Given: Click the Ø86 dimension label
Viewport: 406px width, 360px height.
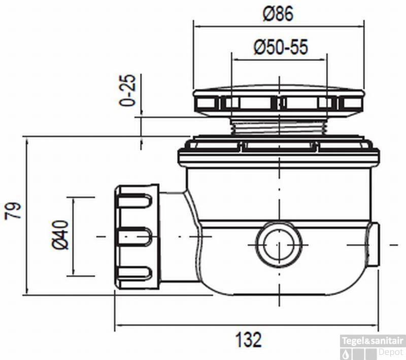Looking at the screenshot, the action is coord(278,14).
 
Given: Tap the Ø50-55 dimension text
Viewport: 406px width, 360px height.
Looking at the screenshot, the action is coord(281,47).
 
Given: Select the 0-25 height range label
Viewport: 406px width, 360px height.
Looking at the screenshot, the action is coord(127,90).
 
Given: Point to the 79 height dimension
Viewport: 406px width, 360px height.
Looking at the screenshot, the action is coord(13,211).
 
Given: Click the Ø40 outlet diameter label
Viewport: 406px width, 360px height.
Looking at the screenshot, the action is coord(60,235).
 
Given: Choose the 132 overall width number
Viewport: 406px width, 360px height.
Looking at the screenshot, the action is coord(248,340).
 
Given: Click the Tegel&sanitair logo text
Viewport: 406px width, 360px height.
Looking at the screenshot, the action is coord(373,341).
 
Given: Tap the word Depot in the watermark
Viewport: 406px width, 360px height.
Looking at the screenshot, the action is coord(391,352).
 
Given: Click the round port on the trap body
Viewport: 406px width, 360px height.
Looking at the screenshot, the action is coord(279,245).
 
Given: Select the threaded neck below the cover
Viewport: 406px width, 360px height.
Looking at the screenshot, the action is coord(279,125).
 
